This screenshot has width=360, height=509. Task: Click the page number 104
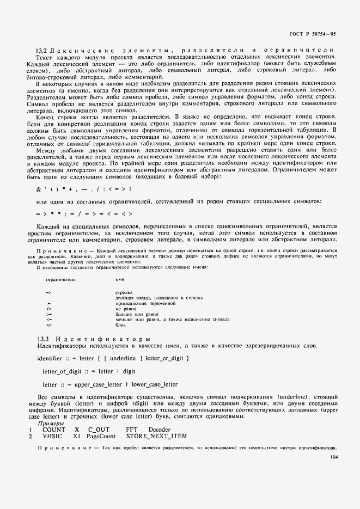click(x=333, y=458)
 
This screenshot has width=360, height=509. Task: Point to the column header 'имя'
click(x=120, y=279)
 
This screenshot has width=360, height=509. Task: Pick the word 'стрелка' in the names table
click(x=124, y=292)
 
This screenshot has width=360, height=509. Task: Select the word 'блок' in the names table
click(x=121, y=325)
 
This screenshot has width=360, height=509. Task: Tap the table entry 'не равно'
click(x=125, y=309)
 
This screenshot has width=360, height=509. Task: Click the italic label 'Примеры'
click(x=50, y=423)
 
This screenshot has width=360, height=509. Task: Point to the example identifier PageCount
click(x=101, y=436)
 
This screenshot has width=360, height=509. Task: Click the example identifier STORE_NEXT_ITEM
click(x=156, y=436)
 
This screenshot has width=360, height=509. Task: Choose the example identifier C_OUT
click(x=99, y=430)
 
